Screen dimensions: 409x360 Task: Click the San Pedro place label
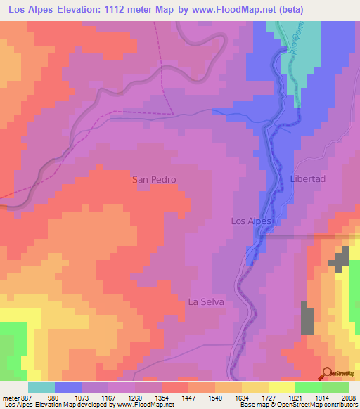pyautogui.click(x=154, y=180)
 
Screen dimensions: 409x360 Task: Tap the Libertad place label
pyautogui.click(x=308, y=179)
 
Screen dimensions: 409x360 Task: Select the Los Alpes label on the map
pyautogui.click(x=251, y=221)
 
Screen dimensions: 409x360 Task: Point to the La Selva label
pyautogui.click(x=206, y=302)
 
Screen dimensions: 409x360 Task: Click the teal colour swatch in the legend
pyautogui.click(x=41, y=387)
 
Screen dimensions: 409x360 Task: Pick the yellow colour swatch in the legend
pyautogui.click(x=281, y=387)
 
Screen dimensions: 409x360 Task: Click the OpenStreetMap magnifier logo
pyautogui.click(x=327, y=373)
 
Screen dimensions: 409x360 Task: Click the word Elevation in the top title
pyautogui.click(x=72, y=10)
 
